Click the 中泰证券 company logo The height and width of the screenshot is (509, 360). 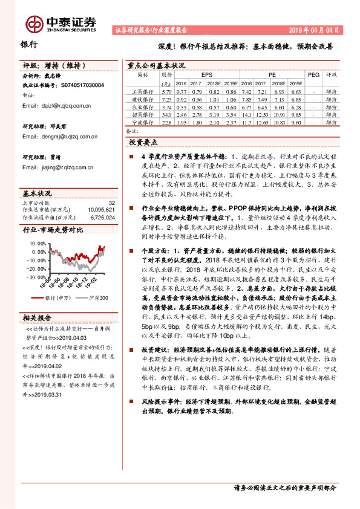(x=61, y=23)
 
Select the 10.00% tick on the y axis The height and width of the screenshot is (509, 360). (x=37, y=243)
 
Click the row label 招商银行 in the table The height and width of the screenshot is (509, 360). (x=143, y=114)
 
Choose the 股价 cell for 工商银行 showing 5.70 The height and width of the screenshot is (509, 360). (x=166, y=90)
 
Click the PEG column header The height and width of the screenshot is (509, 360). (x=313, y=75)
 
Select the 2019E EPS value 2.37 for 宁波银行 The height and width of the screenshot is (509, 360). (x=229, y=122)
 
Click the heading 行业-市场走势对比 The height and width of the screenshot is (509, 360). (x=52, y=230)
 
